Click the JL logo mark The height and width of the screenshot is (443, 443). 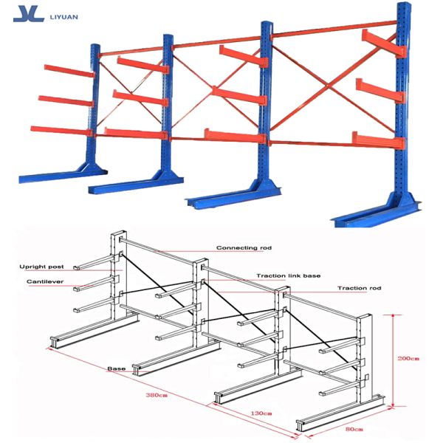tap(29, 13)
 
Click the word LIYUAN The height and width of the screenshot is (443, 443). tap(63, 17)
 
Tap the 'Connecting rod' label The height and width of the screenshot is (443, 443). tap(244, 248)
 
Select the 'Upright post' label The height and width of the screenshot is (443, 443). tap(41, 267)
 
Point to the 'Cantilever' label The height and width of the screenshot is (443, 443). tap(45, 281)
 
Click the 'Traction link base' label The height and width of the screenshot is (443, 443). tap(289, 275)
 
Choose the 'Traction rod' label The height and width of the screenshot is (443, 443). tap(360, 288)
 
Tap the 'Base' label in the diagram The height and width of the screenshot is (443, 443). tap(117, 368)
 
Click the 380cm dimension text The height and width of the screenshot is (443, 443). tap(157, 395)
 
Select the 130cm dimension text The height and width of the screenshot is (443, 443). tap(261, 413)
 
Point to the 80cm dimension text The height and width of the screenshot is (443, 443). tap(354, 429)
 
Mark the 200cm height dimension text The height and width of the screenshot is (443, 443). tap(408, 359)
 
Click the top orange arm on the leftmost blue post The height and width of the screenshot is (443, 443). tap(69, 71)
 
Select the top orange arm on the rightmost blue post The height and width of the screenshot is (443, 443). tap(384, 43)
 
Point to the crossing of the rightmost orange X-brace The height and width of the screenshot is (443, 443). tap(328, 86)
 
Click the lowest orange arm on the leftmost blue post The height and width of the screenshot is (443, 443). tap(61, 131)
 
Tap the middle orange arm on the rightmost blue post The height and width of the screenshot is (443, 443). tap(380, 91)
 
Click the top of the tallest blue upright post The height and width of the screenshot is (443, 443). tap(404, 4)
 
